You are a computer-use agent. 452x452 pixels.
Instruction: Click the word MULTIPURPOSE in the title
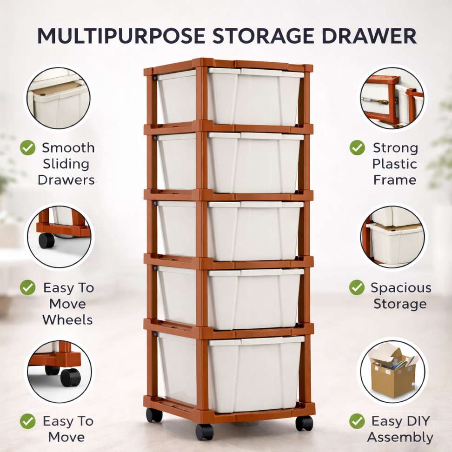click(121, 36)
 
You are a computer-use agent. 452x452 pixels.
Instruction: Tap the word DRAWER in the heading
click(369, 36)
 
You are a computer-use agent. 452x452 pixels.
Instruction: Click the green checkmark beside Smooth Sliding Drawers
click(28, 147)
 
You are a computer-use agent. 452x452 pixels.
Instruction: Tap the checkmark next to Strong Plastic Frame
click(357, 147)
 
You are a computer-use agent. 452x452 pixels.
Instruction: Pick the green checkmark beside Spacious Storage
click(357, 287)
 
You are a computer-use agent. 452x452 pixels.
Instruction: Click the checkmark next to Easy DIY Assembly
click(357, 421)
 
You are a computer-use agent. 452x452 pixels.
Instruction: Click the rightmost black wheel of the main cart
click(304, 423)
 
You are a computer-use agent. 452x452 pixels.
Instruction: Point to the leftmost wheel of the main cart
click(154, 415)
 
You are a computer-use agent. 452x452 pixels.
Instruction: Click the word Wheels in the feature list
click(67, 320)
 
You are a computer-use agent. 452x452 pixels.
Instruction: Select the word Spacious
click(401, 288)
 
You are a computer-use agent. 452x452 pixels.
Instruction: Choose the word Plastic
click(395, 164)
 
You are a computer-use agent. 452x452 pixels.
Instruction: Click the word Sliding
click(66, 164)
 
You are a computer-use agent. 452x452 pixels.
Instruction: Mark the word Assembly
click(400, 438)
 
